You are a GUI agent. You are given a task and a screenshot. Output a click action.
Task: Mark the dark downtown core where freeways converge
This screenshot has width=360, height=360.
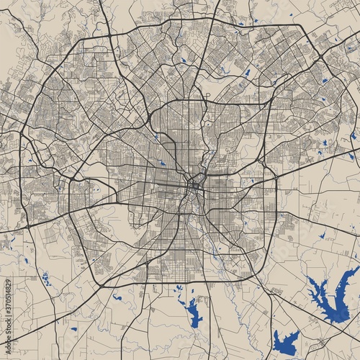point(194,186)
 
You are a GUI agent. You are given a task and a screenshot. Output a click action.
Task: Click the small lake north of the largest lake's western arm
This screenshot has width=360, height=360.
point(320,235)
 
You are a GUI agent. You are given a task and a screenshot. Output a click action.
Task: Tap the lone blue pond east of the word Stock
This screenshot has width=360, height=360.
point(74,329)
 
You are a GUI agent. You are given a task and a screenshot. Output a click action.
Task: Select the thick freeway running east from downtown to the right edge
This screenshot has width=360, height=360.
point(317,169)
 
